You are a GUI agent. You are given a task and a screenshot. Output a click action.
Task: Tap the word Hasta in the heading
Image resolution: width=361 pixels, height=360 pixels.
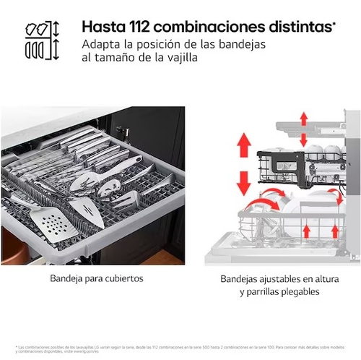(101, 27)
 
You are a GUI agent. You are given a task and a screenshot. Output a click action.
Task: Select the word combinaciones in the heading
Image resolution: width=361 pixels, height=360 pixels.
(209, 27)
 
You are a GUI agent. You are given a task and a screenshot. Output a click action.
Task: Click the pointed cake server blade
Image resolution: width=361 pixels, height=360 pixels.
(87, 211)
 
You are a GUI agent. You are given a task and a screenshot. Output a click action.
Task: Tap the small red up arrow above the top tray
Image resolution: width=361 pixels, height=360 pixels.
(303, 119)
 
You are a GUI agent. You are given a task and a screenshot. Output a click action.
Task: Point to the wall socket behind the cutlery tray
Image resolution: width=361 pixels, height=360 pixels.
(121, 132)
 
